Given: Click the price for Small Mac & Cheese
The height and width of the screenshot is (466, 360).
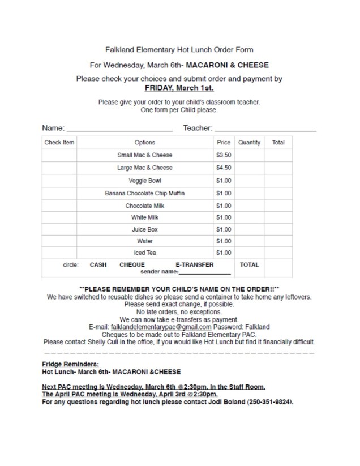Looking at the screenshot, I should pyautogui.click(x=224, y=155).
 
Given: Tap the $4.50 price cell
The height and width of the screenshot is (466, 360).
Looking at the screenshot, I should pyautogui.click(x=224, y=168).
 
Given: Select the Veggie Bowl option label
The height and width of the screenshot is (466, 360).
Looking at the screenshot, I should pyautogui.click(x=144, y=181).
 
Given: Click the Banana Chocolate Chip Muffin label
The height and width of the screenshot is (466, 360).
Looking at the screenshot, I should pyautogui.click(x=144, y=193).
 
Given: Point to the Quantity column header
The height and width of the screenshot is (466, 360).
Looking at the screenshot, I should pyautogui.click(x=249, y=143).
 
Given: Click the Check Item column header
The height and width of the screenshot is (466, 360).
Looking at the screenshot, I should pyautogui.click(x=59, y=143).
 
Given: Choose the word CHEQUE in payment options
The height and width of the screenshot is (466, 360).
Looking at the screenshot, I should pyautogui.click(x=132, y=264).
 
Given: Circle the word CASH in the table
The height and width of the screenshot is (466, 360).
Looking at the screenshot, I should pyautogui.click(x=99, y=264).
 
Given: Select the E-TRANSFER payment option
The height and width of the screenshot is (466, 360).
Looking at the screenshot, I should pyautogui.click(x=195, y=264).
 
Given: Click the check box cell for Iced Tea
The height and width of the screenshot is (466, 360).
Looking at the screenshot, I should pyautogui.click(x=59, y=253).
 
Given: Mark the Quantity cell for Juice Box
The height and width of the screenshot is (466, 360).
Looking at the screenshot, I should pyautogui.click(x=249, y=229).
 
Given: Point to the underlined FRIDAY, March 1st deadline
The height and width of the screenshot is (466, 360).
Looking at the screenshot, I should pyautogui.click(x=179, y=88).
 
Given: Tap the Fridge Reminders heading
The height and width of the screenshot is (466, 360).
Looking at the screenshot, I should pyautogui.click(x=71, y=365).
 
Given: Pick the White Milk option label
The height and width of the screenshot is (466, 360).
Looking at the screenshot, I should pyautogui.click(x=144, y=217).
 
